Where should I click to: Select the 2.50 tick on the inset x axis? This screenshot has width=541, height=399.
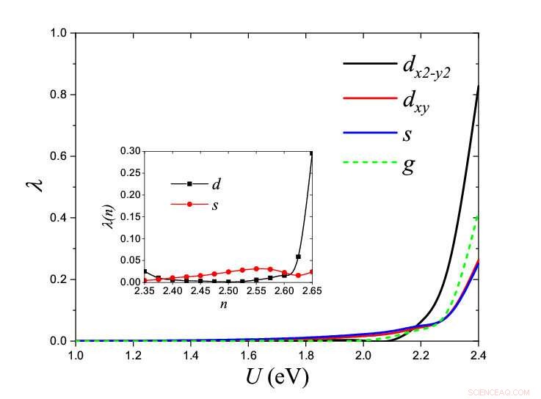tap(228, 291)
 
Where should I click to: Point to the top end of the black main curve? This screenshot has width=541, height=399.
tap(478, 87)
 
